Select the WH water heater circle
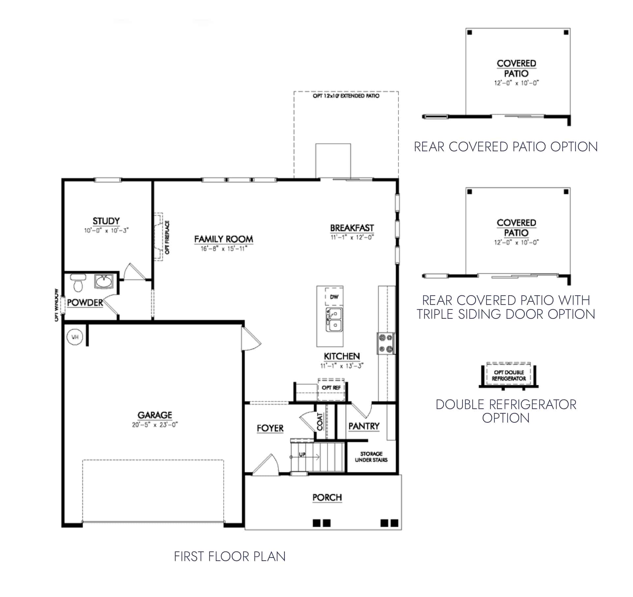pyautogui.click(x=75, y=337)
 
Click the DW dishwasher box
pyautogui.click(x=334, y=297)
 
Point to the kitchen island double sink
pyautogui.click(x=334, y=319)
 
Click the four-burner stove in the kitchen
pyautogui.click(x=386, y=343)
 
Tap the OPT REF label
pyautogui.click(x=331, y=388)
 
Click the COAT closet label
pyautogui.click(x=319, y=422)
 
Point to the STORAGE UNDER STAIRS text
pyautogui.click(x=371, y=457)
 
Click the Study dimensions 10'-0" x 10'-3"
pyautogui.click(x=106, y=230)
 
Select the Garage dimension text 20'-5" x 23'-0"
pyautogui.click(x=155, y=425)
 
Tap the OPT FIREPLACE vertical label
pyautogui.click(x=167, y=237)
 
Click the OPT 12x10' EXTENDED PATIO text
pyautogui.click(x=346, y=96)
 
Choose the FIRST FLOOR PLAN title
pyautogui.click(x=229, y=556)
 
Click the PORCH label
pyautogui.click(x=327, y=497)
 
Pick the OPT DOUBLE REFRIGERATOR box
pyautogui.click(x=509, y=375)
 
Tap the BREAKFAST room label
pyautogui.click(x=352, y=228)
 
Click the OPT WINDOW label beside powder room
pyautogui.click(x=56, y=305)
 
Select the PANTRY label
pyautogui.click(x=364, y=426)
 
